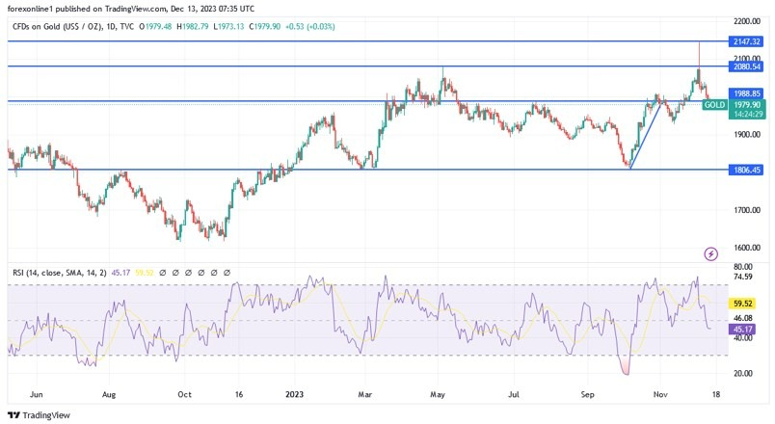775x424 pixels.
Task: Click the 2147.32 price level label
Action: (747, 41)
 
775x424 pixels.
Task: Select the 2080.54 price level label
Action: (747, 66)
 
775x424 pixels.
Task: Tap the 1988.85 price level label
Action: (747, 93)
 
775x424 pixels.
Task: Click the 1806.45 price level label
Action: (747, 170)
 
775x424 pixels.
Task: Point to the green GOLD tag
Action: (714, 104)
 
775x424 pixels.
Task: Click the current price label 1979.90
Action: (747, 104)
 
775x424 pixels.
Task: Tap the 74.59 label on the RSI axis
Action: (743, 277)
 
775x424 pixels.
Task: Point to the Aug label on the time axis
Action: (109, 393)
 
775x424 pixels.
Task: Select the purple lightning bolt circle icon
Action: (711, 253)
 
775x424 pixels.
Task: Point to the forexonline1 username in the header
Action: (35, 8)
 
